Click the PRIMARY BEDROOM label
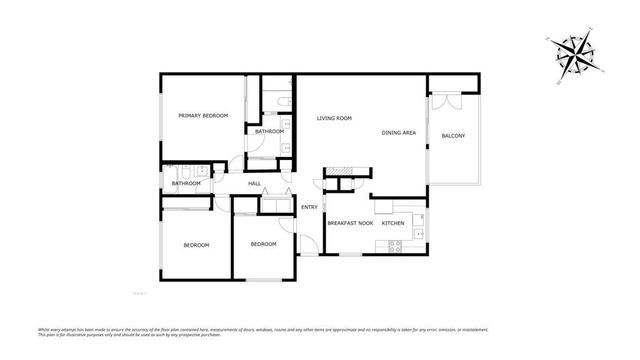pos(203,117)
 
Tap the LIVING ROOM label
pos(334,119)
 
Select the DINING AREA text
pos(399,133)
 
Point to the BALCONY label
pos(453,136)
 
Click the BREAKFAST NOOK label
pos(350,223)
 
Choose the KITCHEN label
pos(393,223)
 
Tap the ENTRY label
pos(309,207)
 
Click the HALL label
pos(254,183)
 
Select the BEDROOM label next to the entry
pos(263,245)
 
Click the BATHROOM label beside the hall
pos(186,184)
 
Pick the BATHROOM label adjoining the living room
pos(269,132)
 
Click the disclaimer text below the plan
pos(320,331)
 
